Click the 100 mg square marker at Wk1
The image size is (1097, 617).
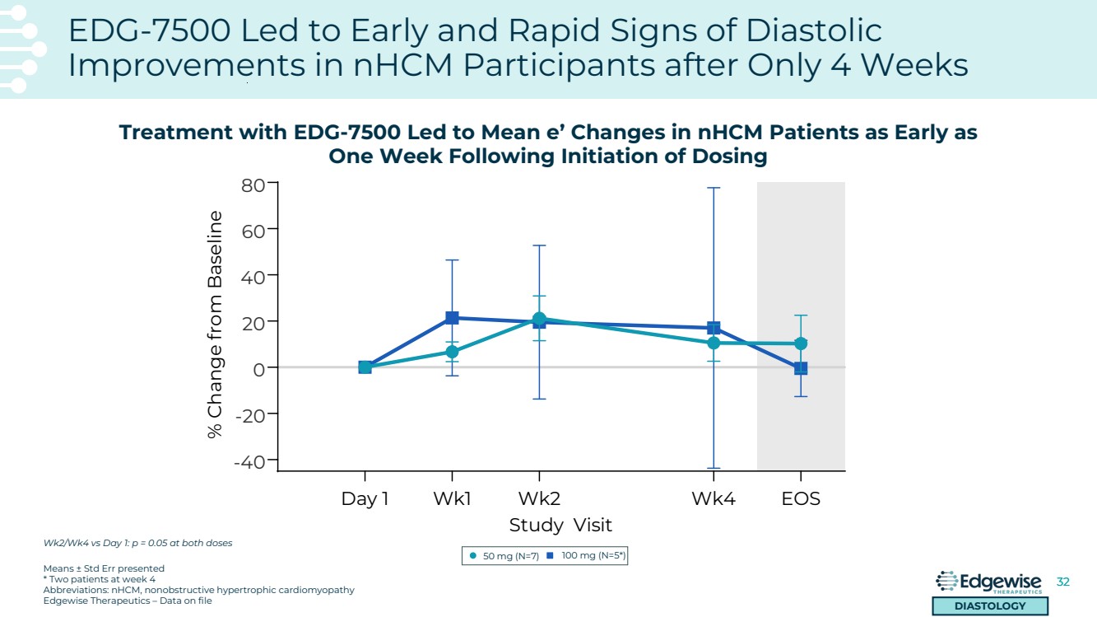(452, 318)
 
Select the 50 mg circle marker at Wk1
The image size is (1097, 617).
(452, 352)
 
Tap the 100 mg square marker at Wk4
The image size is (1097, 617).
(714, 328)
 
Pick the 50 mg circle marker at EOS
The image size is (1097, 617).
(801, 343)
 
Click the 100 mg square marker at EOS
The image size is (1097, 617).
(801, 368)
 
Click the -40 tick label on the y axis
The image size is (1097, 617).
(249, 461)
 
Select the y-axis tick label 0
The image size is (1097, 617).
(259, 368)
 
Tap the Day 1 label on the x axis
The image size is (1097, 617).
(365, 498)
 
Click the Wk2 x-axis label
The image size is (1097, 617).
(539, 498)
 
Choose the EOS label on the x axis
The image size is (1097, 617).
(801, 498)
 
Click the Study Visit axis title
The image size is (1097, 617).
(560, 525)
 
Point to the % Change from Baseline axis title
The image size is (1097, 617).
(216, 324)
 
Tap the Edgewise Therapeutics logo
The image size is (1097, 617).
(989, 583)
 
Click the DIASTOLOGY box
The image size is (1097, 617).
(989, 606)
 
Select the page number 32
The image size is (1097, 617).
(1062, 582)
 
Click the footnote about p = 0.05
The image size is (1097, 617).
(137, 543)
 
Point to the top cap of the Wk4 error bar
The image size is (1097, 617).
(714, 188)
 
